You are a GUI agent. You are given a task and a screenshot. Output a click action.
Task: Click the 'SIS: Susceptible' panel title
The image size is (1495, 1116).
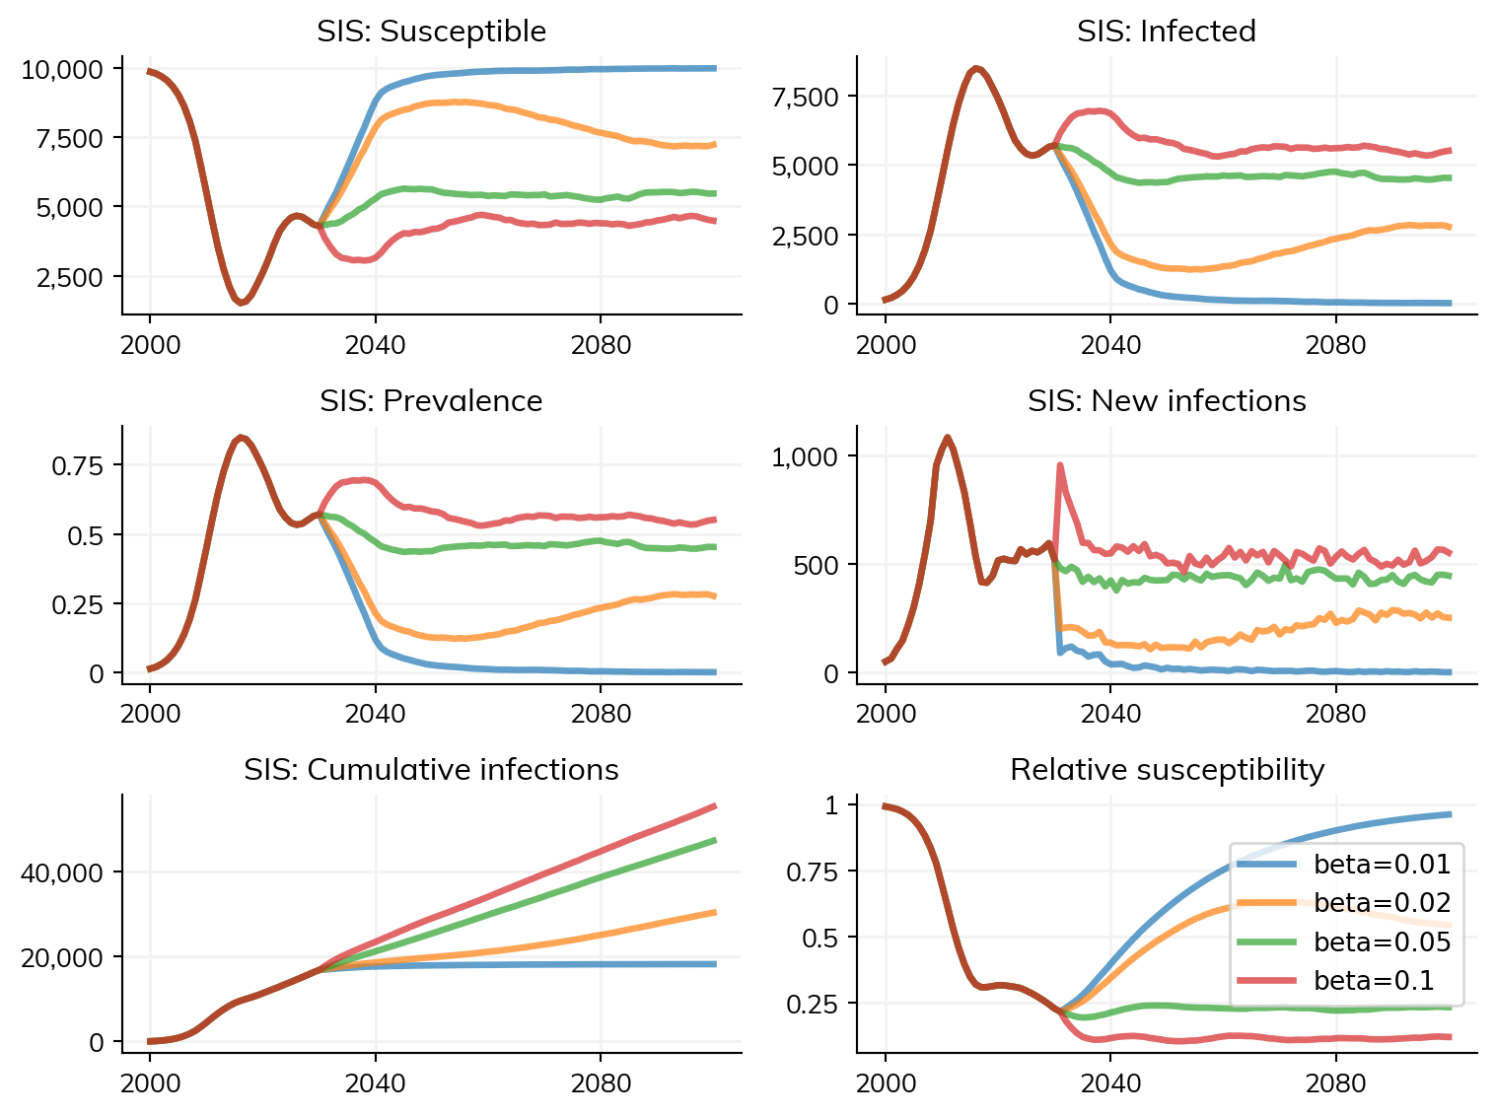click(x=431, y=32)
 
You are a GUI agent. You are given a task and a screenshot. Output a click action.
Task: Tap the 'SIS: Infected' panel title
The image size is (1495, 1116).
click(x=1166, y=32)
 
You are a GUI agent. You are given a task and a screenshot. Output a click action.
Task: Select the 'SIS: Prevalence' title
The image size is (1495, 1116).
click(x=431, y=401)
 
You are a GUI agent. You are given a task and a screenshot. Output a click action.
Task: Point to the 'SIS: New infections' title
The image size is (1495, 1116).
click(x=1166, y=401)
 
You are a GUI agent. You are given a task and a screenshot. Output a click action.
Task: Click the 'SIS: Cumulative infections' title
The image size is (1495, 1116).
click(x=431, y=770)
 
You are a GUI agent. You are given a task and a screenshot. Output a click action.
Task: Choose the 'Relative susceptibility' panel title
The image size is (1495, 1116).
click(x=1166, y=770)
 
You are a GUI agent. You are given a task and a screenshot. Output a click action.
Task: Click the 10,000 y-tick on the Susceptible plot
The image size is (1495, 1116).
click(x=62, y=69)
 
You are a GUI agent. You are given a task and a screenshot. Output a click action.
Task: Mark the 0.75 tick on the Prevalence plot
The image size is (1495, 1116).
click(x=77, y=465)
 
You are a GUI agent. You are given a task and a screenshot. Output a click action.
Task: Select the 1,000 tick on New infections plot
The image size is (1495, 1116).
click(x=804, y=456)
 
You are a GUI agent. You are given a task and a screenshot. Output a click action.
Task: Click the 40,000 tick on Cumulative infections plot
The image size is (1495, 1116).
click(x=62, y=873)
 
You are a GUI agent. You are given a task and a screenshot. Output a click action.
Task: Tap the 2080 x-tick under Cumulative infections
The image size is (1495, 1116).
click(x=601, y=1084)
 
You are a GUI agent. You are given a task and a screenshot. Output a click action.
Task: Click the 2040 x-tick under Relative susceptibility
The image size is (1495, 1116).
click(x=1110, y=1084)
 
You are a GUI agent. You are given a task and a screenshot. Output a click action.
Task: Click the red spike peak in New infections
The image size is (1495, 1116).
click(x=1060, y=464)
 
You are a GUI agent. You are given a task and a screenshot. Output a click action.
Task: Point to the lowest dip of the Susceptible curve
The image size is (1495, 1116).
click(x=240, y=302)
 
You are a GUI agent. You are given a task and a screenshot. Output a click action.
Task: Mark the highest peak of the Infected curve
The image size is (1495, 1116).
click(x=975, y=68)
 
